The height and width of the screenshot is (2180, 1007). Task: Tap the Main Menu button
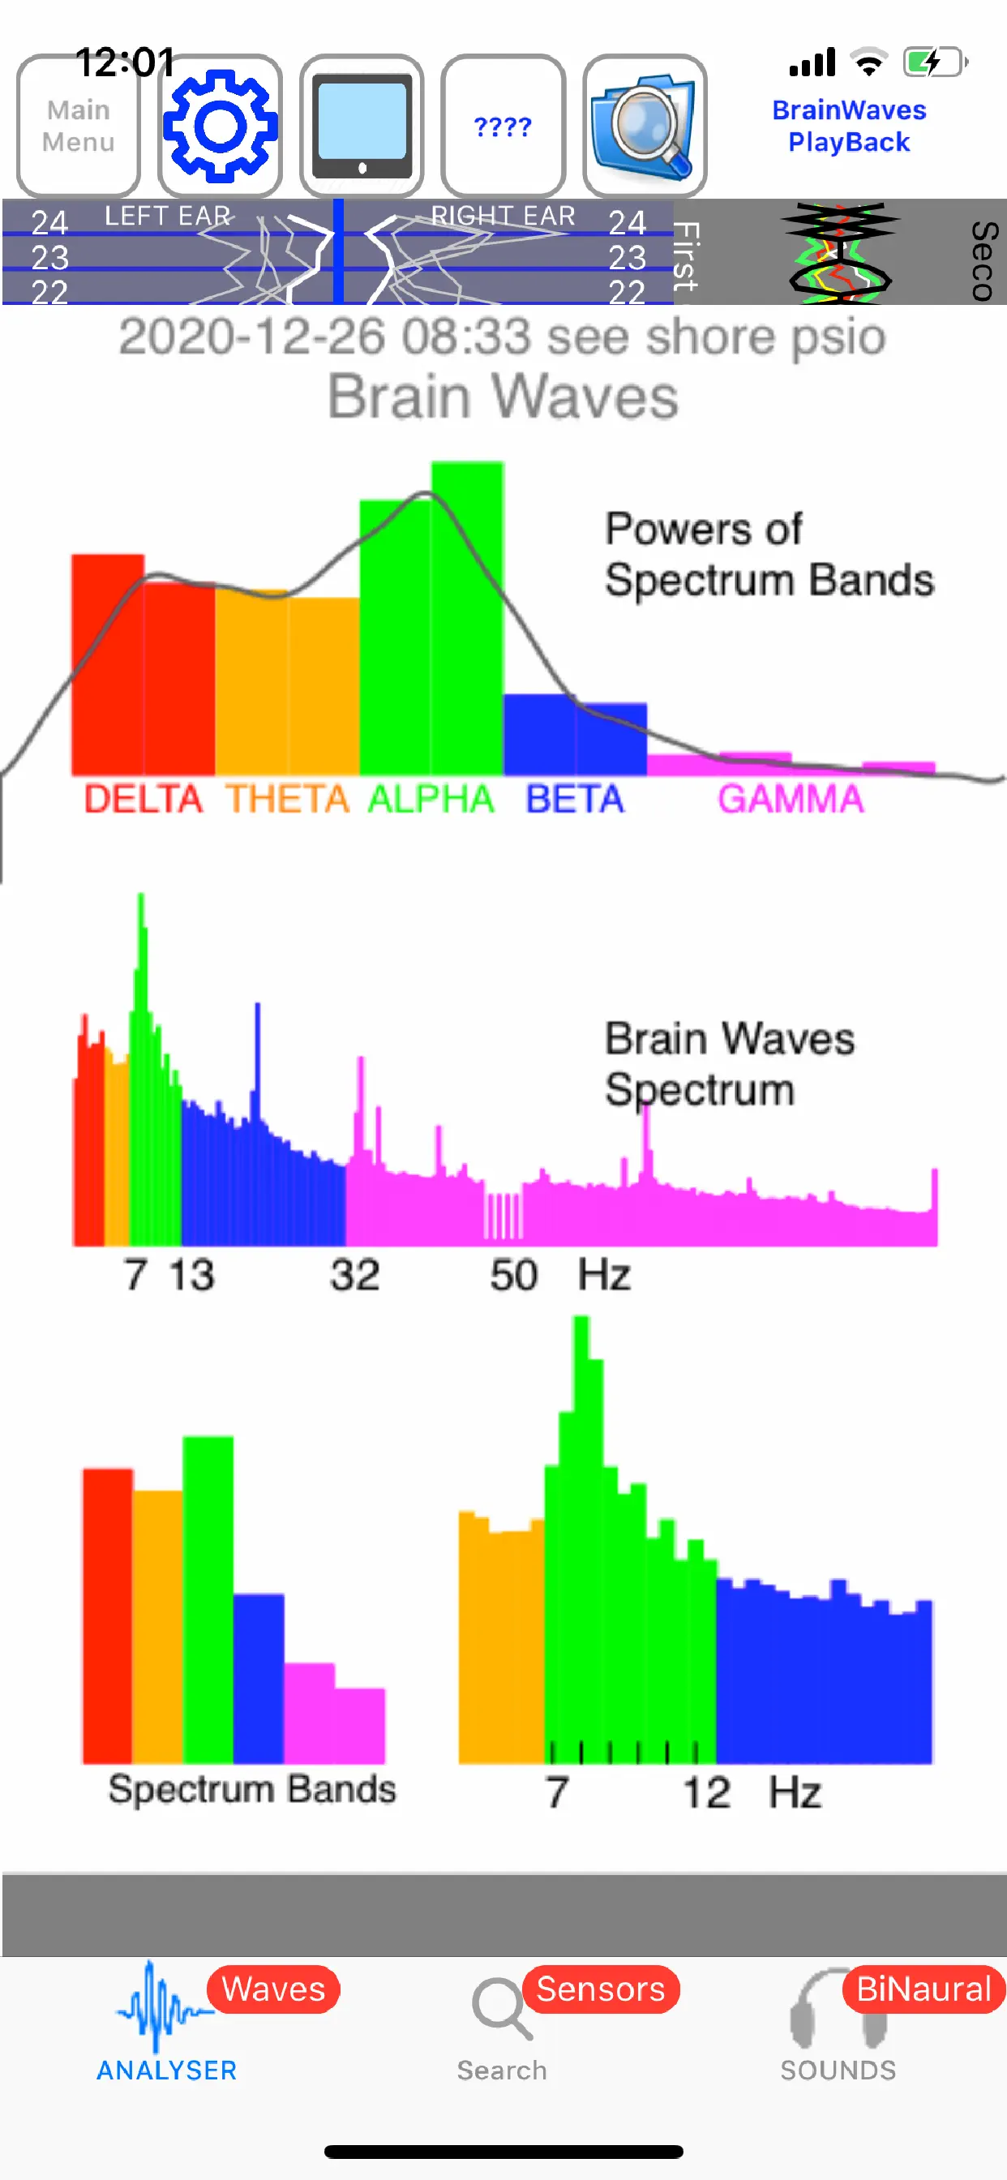79,125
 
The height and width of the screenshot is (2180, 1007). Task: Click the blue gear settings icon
220,125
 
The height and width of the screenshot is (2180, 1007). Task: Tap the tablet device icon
362,125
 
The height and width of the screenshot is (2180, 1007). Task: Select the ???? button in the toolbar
503,126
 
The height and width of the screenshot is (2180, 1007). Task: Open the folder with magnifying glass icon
645,125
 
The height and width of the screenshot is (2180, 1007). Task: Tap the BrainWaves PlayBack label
849,125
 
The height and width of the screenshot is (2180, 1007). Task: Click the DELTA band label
143,798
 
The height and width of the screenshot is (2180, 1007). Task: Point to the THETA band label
287,798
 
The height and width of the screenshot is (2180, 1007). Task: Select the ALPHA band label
431,798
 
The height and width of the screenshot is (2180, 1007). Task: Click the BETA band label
575,798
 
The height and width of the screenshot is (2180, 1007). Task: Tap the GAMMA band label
791,798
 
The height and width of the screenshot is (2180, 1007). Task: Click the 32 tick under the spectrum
354,1273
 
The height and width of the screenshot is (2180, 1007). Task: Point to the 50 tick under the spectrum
512,1273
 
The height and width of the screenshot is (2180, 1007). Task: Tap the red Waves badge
273,1988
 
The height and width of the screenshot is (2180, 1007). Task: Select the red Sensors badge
600,1988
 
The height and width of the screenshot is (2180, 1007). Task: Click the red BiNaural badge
923,1988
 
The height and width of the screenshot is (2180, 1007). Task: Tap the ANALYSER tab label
167,2069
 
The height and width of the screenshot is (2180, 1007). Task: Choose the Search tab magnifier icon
500,2007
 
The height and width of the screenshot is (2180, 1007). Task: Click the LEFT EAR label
168,216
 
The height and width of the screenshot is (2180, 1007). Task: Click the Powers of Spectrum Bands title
769,553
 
